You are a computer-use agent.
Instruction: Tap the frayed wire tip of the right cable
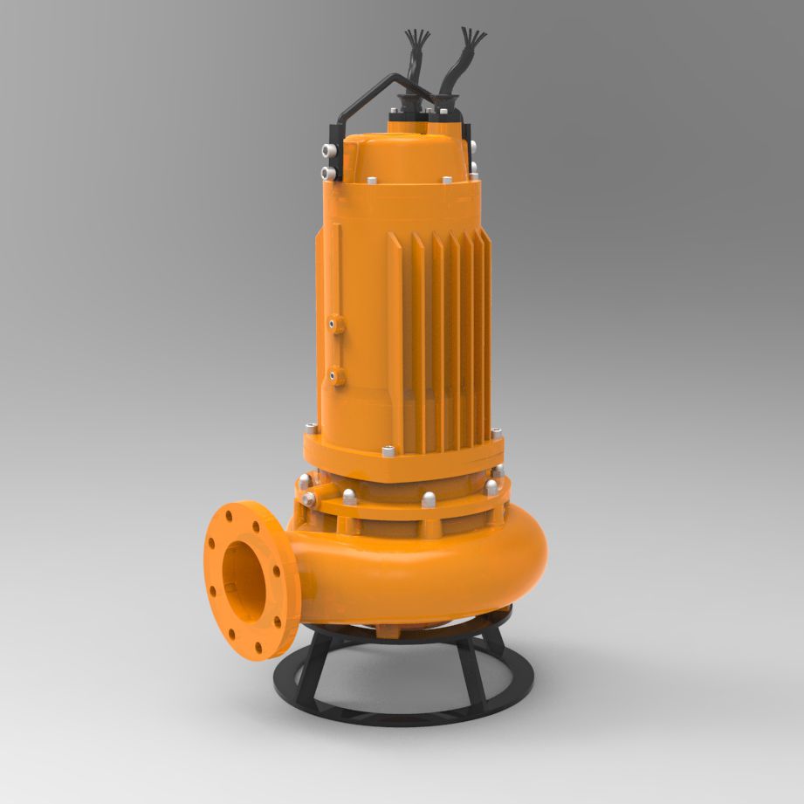[477, 38]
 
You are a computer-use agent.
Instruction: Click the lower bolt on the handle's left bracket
[329, 172]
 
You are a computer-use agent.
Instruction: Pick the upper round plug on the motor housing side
[336, 325]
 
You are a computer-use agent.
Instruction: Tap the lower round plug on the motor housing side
[336, 378]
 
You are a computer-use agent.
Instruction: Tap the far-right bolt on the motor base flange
[496, 434]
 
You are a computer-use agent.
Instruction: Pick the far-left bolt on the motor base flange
[311, 429]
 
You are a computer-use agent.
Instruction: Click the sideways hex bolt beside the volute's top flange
[309, 499]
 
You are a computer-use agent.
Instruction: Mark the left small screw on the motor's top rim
[371, 181]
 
